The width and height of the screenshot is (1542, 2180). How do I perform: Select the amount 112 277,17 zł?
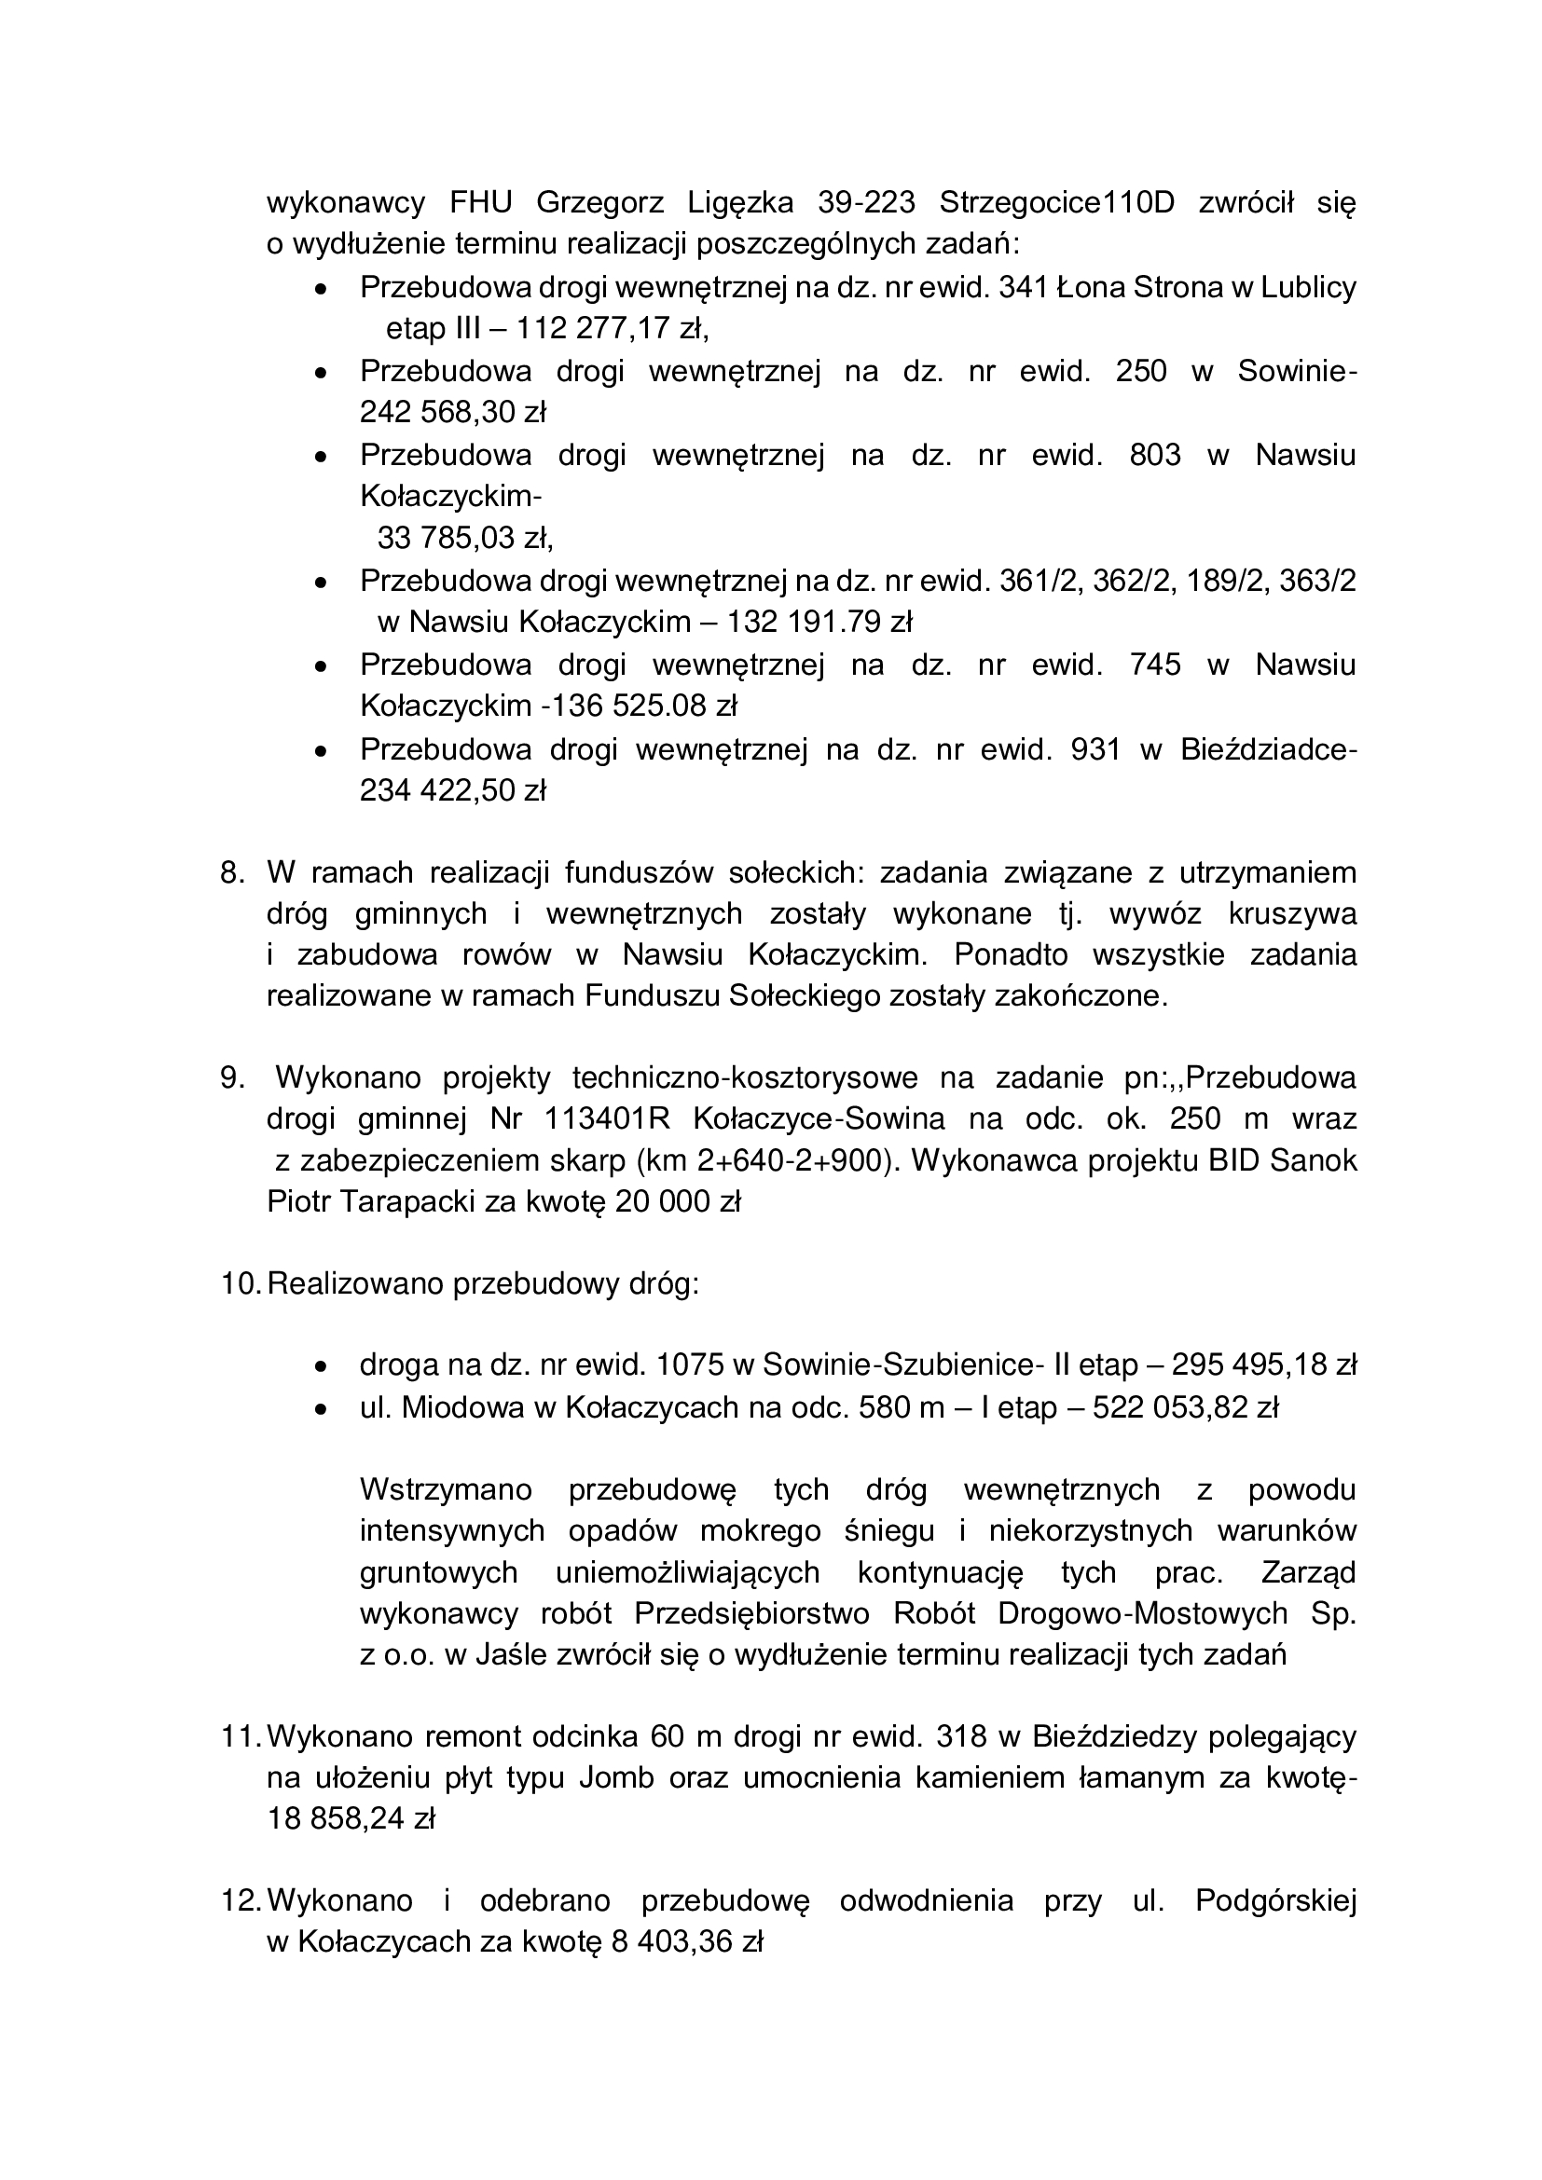click(613, 328)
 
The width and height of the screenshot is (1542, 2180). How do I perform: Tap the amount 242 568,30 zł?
click(452, 412)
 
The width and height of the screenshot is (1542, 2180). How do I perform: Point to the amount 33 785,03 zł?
click(464, 539)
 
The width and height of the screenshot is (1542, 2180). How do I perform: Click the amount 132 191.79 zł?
click(819, 622)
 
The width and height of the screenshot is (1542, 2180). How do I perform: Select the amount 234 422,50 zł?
click(452, 791)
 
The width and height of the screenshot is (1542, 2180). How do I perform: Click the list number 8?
click(232, 872)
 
